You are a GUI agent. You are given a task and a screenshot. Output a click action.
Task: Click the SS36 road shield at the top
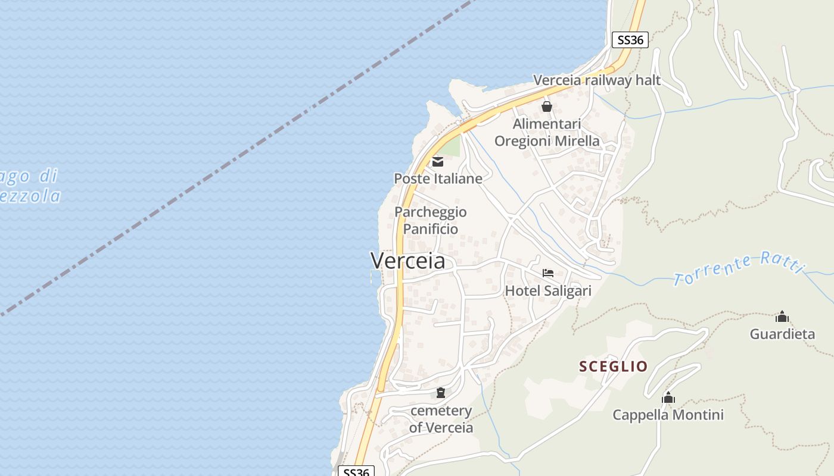tap(630, 40)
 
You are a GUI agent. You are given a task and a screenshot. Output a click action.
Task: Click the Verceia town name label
tap(408, 261)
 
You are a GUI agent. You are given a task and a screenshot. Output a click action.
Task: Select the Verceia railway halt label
tap(597, 80)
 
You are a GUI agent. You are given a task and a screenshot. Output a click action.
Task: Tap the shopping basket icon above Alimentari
tap(546, 107)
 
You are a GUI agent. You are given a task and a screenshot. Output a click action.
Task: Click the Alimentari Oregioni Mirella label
tap(547, 133)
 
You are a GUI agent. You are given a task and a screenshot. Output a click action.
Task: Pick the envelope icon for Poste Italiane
tap(438, 161)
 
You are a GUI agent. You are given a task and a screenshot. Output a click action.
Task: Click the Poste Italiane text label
tap(438, 178)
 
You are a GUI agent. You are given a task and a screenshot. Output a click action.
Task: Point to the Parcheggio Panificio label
tap(431, 220)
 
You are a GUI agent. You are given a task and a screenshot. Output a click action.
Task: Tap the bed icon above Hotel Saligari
tap(548, 273)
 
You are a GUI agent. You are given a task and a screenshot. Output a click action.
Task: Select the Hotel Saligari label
tap(548, 290)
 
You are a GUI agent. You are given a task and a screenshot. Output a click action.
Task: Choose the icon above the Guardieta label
tap(782, 317)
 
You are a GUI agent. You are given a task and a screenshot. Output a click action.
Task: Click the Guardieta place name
tap(782, 334)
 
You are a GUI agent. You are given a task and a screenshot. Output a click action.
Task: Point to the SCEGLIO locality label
tap(614, 367)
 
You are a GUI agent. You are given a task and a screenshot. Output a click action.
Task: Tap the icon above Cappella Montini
tap(668, 397)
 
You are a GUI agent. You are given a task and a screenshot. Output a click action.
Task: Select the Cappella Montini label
tap(668, 415)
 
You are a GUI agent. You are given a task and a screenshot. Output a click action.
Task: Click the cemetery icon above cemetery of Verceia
tap(441, 393)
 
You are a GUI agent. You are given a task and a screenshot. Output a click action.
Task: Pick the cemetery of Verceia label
tap(441, 419)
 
